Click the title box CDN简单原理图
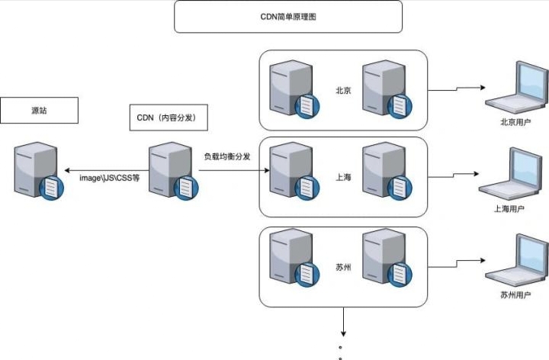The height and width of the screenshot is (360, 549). [287, 16]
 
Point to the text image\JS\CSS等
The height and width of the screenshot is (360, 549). [110, 177]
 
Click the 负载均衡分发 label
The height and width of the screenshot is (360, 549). [226, 156]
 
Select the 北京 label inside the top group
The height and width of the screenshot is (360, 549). [343, 90]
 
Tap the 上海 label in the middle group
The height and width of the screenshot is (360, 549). [343, 177]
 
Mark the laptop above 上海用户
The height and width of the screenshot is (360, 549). [509, 174]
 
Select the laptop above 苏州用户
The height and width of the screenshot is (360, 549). [513, 261]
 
